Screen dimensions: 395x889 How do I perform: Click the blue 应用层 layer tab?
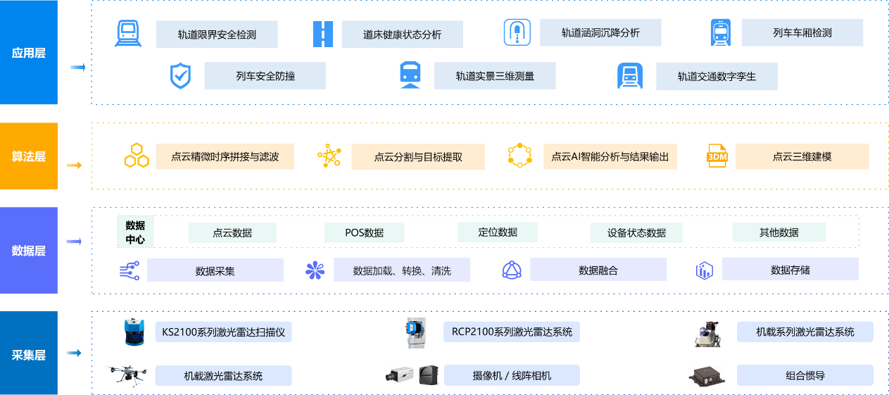[29, 53]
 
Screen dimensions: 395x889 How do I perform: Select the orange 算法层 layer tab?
[29, 156]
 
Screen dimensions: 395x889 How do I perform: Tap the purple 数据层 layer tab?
[29, 251]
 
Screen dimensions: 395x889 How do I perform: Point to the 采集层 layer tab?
[29, 354]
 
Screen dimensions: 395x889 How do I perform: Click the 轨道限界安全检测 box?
[217, 34]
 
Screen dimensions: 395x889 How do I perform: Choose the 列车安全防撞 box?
[265, 76]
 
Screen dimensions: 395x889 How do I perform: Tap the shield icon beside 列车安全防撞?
[181, 76]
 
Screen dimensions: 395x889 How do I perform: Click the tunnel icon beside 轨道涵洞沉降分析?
[517, 32]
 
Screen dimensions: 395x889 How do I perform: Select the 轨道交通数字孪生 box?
[717, 76]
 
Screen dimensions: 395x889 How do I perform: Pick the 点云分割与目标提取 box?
[418, 157]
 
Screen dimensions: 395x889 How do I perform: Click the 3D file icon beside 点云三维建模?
[717, 156]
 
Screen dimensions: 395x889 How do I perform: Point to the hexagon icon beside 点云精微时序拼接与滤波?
[136, 156]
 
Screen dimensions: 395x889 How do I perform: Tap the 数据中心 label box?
[135, 232]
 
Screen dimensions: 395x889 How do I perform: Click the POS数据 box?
[365, 232]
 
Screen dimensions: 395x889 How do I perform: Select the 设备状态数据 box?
[636, 232]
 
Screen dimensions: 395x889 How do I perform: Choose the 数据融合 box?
[598, 270]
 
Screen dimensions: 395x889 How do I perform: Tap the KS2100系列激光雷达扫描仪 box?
[223, 332]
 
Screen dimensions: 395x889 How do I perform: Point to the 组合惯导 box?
[805, 375]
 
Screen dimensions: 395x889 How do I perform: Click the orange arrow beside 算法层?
[73, 165]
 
